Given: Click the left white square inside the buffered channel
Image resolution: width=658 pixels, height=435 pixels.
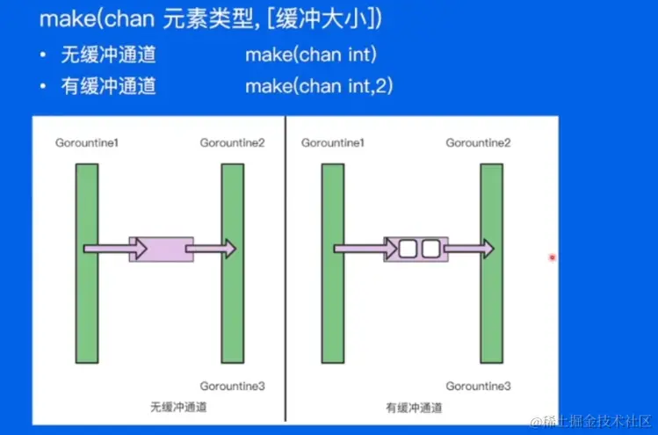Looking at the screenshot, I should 409,250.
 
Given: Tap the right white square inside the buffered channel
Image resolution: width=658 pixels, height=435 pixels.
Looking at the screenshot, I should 430,250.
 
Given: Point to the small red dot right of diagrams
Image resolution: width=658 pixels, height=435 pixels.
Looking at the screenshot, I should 552,257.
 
